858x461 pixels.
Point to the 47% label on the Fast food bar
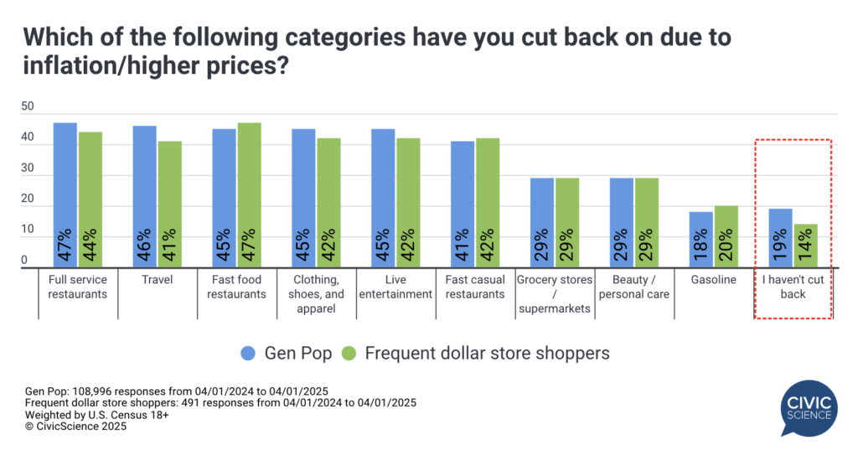(x=250, y=246)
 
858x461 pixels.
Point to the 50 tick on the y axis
(x=28, y=106)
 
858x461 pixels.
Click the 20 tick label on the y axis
(x=28, y=198)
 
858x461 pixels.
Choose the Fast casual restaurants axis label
(x=476, y=287)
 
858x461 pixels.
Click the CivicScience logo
(x=808, y=406)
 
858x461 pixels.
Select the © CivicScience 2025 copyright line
(x=76, y=427)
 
